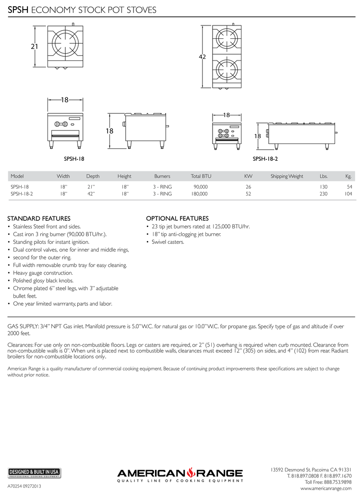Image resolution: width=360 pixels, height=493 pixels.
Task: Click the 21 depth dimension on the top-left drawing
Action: (34, 47)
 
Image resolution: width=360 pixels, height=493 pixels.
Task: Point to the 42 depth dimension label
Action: (202, 57)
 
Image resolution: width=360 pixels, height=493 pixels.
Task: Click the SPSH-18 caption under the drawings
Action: (74, 158)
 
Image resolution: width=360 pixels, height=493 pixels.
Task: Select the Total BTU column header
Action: (201, 176)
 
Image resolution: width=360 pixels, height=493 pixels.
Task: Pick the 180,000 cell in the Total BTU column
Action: (200, 194)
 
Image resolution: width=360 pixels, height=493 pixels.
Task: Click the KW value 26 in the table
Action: (248, 187)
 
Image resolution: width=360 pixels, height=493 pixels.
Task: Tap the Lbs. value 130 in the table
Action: (323, 187)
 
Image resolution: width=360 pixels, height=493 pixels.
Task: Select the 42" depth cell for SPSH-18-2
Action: (91, 194)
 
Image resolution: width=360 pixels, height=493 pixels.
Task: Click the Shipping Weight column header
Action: (287, 176)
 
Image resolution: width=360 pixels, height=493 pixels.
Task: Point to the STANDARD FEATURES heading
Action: (39, 218)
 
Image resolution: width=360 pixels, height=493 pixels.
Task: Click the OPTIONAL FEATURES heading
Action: (177, 218)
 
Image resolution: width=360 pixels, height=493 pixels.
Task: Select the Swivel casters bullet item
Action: (168, 242)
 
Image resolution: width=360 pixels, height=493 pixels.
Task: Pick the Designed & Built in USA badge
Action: (34, 472)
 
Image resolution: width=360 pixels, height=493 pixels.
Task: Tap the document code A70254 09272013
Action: (25, 486)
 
